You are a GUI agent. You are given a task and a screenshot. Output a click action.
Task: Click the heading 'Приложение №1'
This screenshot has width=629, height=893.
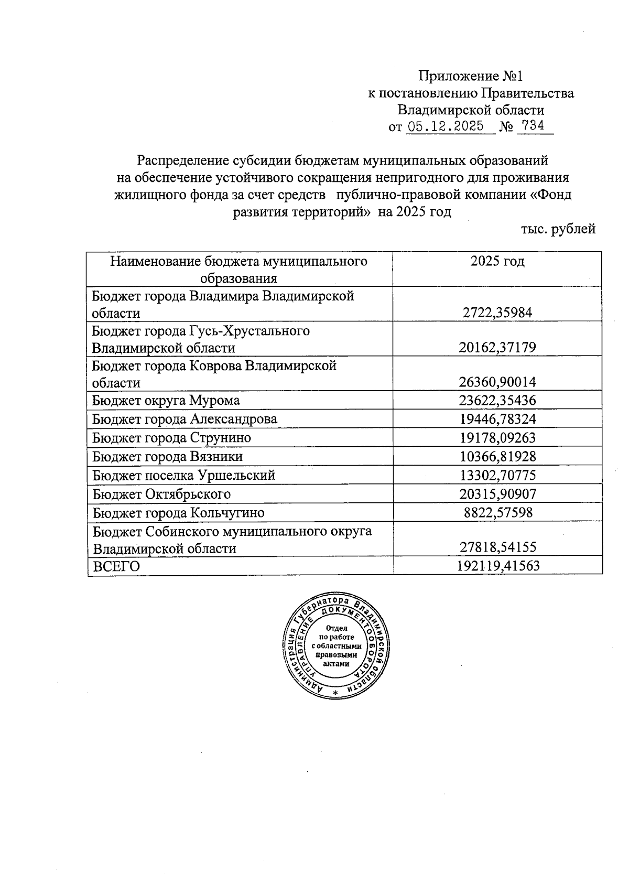click(x=470, y=77)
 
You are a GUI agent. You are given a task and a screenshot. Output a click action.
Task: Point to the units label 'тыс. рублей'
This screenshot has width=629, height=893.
click(x=558, y=229)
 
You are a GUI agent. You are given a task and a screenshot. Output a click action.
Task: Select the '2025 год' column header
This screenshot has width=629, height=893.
click(x=497, y=261)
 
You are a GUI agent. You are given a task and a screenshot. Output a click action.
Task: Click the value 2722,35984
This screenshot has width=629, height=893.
click(x=497, y=313)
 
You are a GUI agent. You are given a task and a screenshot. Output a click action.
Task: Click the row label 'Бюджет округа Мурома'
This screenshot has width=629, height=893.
click(x=166, y=401)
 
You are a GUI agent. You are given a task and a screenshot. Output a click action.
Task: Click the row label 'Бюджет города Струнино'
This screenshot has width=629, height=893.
click(x=171, y=438)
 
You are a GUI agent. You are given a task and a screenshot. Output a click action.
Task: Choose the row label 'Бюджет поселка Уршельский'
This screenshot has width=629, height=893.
click(x=183, y=476)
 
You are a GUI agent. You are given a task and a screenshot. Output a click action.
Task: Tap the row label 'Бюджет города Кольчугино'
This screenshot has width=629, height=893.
click(x=178, y=513)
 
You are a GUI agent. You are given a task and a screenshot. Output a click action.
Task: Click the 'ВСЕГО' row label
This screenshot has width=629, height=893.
click(x=116, y=567)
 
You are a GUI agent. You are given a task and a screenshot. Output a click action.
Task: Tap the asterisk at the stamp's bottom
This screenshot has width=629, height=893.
click(x=336, y=693)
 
